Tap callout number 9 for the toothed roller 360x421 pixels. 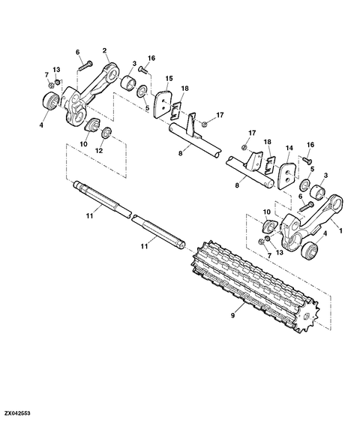(x=232, y=315)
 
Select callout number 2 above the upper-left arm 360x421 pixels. (x=104, y=50)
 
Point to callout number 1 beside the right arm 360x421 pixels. (x=341, y=230)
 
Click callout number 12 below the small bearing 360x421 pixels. (x=99, y=151)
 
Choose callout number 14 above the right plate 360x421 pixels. (x=289, y=148)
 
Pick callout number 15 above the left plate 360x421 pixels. (x=169, y=78)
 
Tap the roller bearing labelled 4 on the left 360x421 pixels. (x=50, y=101)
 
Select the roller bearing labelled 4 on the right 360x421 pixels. (x=309, y=251)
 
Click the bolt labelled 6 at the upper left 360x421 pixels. (x=85, y=66)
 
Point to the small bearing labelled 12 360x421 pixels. (x=107, y=133)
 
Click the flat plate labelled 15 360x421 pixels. (x=162, y=104)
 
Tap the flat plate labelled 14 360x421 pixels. (x=286, y=175)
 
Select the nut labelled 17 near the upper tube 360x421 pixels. (x=205, y=124)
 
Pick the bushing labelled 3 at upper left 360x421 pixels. (x=128, y=84)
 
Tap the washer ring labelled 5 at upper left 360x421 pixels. (x=142, y=91)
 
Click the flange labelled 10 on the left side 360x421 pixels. (x=92, y=125)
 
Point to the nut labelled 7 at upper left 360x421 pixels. (x=52, y=86)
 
